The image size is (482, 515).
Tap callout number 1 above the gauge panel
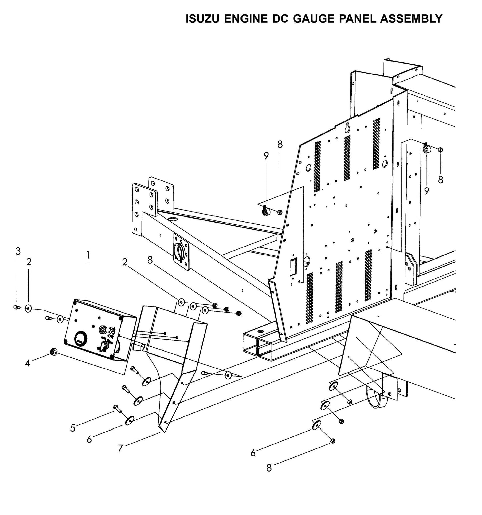[88, 255]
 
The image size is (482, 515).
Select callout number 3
[18, 251]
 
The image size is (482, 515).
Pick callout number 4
[28, 363]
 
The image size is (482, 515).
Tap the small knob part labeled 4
[53, 352]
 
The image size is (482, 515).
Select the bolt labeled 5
[117, 408]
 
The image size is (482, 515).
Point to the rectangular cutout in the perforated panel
[293, 266]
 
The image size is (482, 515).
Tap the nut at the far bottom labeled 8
[332, 441]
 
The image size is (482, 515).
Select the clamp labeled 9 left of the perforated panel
[266, 211]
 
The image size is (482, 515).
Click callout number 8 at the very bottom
[269, 468]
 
